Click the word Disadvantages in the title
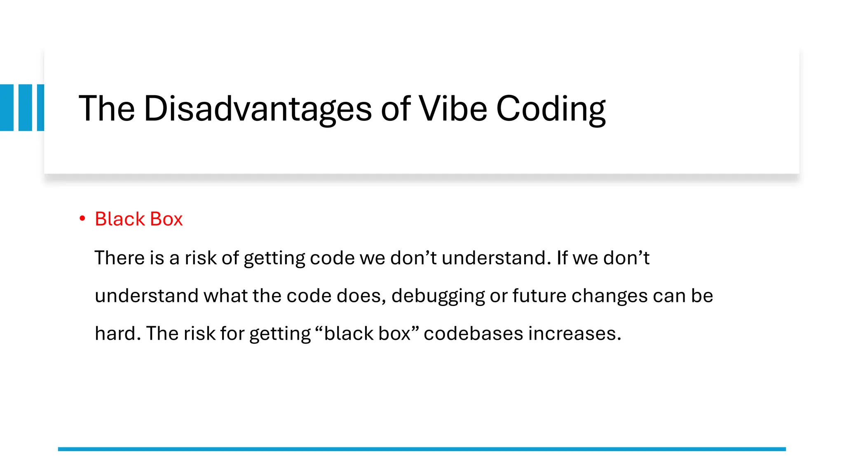point(258,109)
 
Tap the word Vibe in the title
point(453,109)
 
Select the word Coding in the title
point(551,110)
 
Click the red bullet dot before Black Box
point(82,219)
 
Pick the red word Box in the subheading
point(166,219)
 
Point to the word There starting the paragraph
point(120,258)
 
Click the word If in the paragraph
point(562,258)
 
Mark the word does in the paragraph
point(360,296)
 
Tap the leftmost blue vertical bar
point(7,108)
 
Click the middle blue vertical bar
point(25,108)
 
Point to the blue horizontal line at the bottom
point(422,449)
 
